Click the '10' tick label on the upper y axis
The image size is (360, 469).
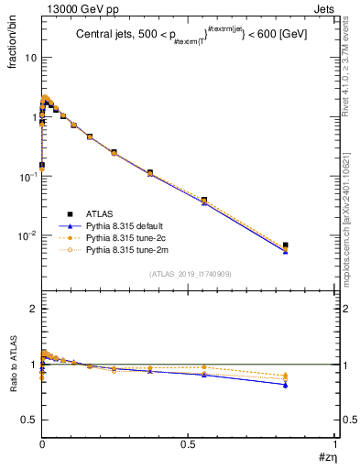29,58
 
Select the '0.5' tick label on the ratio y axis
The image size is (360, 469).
29,420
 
